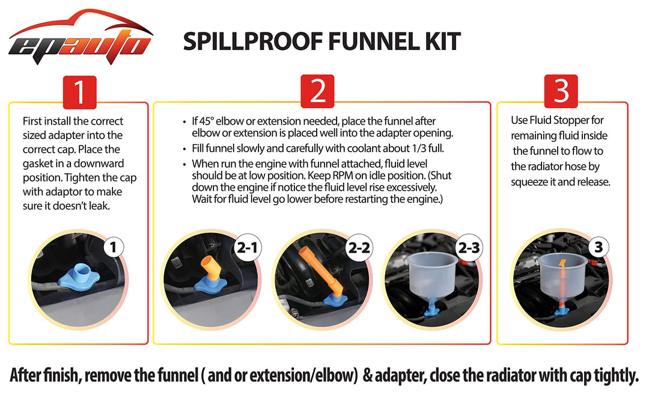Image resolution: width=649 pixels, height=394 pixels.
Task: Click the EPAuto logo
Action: point(80,38)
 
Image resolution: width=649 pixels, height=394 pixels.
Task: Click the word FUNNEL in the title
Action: point(372,42)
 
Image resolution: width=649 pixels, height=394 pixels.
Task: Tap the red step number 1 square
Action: point(79,92)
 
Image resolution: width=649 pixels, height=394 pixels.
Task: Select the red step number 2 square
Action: point(317,91)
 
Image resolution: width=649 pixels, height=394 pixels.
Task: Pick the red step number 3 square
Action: point(561,91)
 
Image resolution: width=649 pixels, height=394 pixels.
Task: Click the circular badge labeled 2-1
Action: point(247,248)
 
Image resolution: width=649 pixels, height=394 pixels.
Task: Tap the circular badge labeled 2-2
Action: point(359,248)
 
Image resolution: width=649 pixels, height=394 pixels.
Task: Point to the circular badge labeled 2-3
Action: point(469,248)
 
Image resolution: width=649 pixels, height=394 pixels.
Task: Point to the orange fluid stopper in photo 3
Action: point(562,286)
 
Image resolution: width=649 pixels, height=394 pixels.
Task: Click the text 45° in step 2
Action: point(207,122)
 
